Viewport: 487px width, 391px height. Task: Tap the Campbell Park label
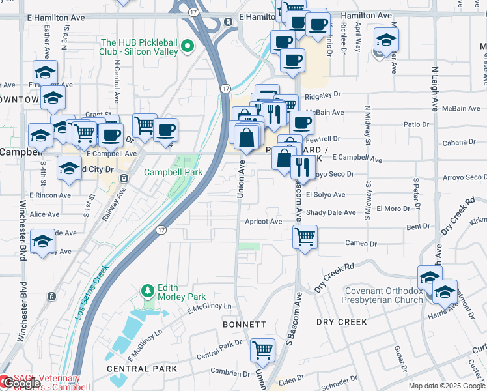[x=173, y=173]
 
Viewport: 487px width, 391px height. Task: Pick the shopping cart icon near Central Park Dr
[x=262, y=349]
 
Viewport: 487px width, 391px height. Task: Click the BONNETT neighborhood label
[x=244, y=324]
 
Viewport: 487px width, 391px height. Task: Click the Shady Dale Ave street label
[x=331, y=212]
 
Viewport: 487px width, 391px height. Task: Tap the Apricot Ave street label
[x=263, y=222]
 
